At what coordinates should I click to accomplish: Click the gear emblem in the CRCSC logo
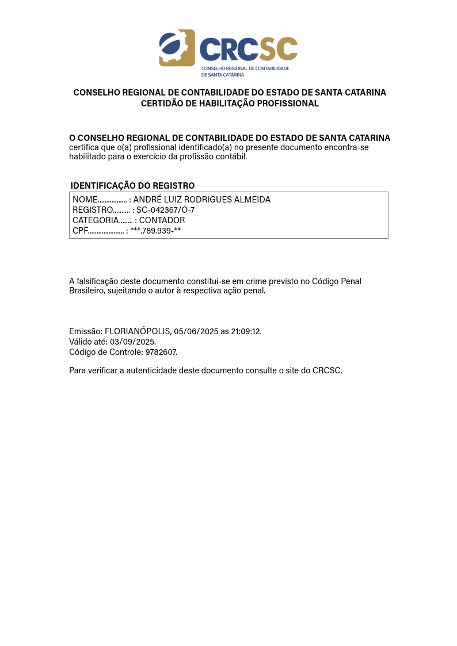point(177,48)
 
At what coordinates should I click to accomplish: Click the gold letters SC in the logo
point(279,49)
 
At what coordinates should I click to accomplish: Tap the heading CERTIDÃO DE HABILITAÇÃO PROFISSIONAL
point(230,104)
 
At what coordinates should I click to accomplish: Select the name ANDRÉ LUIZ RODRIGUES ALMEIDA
point(201,200)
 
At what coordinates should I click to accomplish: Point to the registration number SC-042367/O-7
point(165,210)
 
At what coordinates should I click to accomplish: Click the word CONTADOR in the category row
point(162,220)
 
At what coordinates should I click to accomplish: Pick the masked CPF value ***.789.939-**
point(155,231)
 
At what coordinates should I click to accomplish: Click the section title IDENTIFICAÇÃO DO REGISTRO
point(132,186)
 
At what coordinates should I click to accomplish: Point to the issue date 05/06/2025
point(196,331)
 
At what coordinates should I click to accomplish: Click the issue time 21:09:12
point(246,331)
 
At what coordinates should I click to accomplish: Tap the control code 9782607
point(161,352)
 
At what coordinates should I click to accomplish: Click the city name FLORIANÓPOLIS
point(138,331)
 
